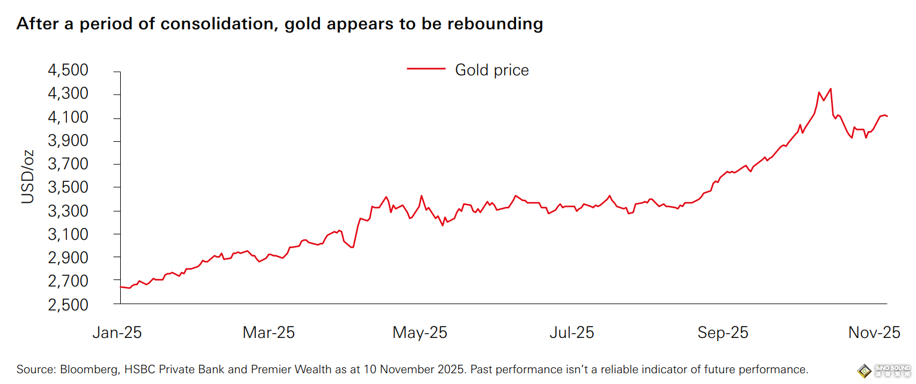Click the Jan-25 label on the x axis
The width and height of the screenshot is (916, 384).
click(117, 333)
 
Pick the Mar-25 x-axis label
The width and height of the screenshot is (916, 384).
click(268, 333)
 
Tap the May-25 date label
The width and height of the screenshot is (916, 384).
click(420, 333)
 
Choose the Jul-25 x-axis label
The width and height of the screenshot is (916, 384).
click(572, 333)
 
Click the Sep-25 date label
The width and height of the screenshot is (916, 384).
click(723, 333)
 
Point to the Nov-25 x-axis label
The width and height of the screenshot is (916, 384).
click(874, 333)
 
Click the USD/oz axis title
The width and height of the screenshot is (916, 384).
click(28, 177)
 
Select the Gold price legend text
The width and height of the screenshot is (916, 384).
click(492, 70)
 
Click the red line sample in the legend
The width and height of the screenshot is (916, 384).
click(426, 69)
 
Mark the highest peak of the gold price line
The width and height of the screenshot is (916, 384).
click(830, 89)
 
